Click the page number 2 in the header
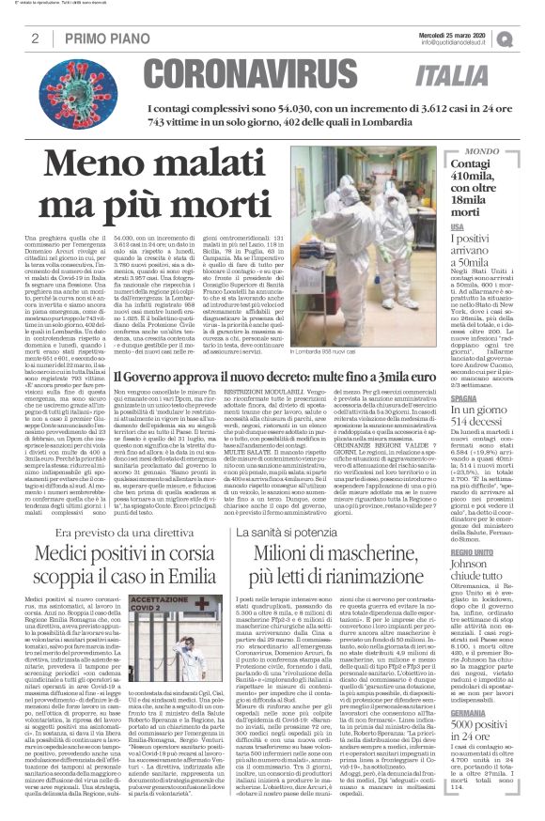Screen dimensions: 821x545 pos(34,39)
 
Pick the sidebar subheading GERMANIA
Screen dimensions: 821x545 pos(495,712)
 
